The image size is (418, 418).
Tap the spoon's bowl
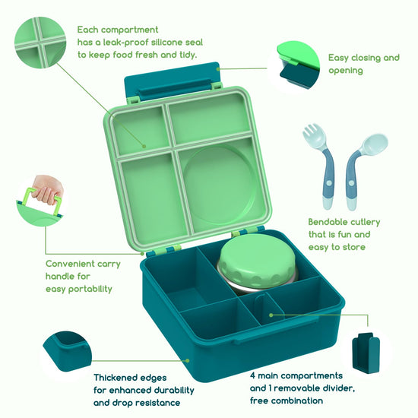coord(376,142)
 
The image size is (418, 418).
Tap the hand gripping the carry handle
coord(47,189)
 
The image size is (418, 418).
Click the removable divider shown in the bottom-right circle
coord(366,353)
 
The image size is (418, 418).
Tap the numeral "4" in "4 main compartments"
coord(252,375)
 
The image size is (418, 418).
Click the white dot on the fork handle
coord(329,183)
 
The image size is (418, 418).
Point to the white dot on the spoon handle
coord(351,183)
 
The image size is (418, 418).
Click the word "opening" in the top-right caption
coord(346,71)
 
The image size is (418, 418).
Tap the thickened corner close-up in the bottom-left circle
coord(67,351)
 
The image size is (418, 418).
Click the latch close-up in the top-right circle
coord(298,66)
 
